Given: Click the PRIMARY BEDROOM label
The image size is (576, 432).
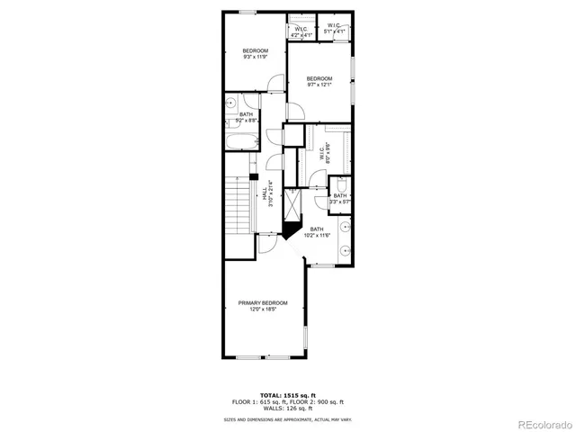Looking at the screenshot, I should click(263, 302).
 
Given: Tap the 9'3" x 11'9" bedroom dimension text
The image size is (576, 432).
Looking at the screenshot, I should click(256, 57).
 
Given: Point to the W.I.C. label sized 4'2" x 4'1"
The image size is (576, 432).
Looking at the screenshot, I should click(301, 33).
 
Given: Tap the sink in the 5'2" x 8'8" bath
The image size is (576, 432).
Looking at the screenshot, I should click(231, 103).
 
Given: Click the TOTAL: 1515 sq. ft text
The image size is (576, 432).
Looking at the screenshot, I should click(287, 394).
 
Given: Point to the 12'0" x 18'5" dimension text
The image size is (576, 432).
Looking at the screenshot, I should click(263, 309).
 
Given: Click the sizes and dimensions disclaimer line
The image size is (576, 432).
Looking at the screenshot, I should click(287, 419).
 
